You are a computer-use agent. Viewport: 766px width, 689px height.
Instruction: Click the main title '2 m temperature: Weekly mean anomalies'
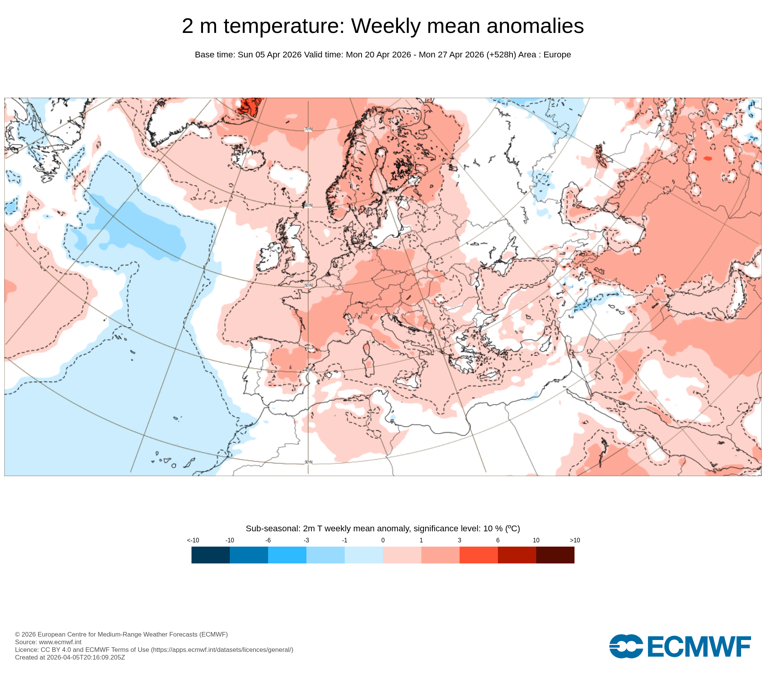[x=383, y=26]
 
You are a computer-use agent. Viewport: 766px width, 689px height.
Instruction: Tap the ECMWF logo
[x=680, y=647]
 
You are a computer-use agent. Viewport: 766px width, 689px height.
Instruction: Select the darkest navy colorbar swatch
[x=210, y=555]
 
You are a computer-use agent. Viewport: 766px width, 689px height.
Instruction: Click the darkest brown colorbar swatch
[x=555, y=555]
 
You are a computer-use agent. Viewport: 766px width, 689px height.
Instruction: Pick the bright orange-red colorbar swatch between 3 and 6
[x=478, y=555]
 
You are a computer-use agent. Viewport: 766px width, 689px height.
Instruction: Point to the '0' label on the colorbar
[x=383, y=540]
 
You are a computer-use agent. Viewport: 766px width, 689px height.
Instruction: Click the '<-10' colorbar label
[x=193, y=540]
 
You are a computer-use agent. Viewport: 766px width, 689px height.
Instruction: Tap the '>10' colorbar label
[x=575, y=540]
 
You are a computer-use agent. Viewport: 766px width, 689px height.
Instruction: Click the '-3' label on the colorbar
[x=306, y=540]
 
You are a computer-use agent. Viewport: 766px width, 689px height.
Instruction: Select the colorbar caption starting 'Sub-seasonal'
[x=383, y=529]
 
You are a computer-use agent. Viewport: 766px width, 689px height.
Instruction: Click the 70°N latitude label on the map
[x=308, y=129]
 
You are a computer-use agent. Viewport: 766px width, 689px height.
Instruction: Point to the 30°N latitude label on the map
[x=308, y=462]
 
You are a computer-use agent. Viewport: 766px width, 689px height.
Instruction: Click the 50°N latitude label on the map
[x=308, y=286]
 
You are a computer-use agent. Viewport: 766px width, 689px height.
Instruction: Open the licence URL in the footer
[x=222, y=650]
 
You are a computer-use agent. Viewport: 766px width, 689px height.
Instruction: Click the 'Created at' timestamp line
[x=70, y=657]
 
